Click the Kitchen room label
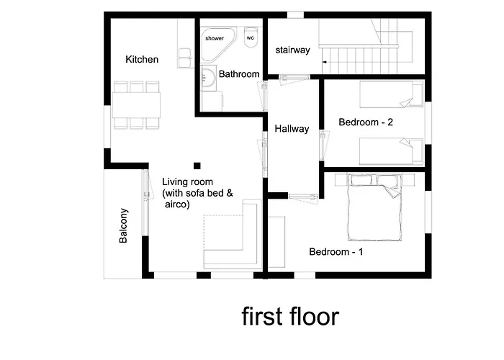tap(142, 60)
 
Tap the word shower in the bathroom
tap(215, 38)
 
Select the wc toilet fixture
tap(251, 37)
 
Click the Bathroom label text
tap(239, 74)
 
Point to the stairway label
tap(292, 50)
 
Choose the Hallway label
tap(292, 129)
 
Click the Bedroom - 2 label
tap(366, 122)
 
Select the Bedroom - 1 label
tap(336, 252)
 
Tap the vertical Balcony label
tap(123, 225)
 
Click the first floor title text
tap(290, 317)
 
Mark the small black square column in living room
tap(197, 166)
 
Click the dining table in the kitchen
tap(136, 105)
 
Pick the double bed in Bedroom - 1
tap(374, 207)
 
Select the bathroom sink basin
tap(208, 78)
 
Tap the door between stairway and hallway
tap(294, 79)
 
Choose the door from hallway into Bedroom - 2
tap(324, 145)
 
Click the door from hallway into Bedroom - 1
tap(303, 197)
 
